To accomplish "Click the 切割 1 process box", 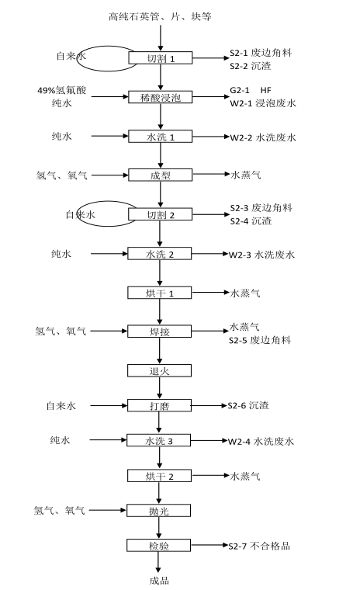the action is [161, 58].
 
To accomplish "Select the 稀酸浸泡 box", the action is [161, 97].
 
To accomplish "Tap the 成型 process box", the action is [161, 175].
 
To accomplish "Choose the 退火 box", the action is [160, 370].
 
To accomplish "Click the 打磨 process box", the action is [160, 405].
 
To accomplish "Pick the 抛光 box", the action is [159, 511].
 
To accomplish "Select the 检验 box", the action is [159, 545].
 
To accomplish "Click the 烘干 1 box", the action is [160, 293].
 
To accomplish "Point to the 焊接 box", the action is [160, 331].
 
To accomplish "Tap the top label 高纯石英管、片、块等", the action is [160, 16].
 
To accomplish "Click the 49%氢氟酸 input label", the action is [62, 90].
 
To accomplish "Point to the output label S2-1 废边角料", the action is [261, 53].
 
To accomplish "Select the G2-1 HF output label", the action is [251, 90].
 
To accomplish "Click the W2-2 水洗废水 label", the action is [263, 137].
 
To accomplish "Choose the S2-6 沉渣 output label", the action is [248, 405].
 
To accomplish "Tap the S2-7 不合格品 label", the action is [259, 546].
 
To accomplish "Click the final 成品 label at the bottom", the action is [159, 581].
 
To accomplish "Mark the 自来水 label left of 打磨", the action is [61, 405].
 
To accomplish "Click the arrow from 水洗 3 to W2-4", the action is [209, 441].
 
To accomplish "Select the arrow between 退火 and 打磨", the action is [160, 388].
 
